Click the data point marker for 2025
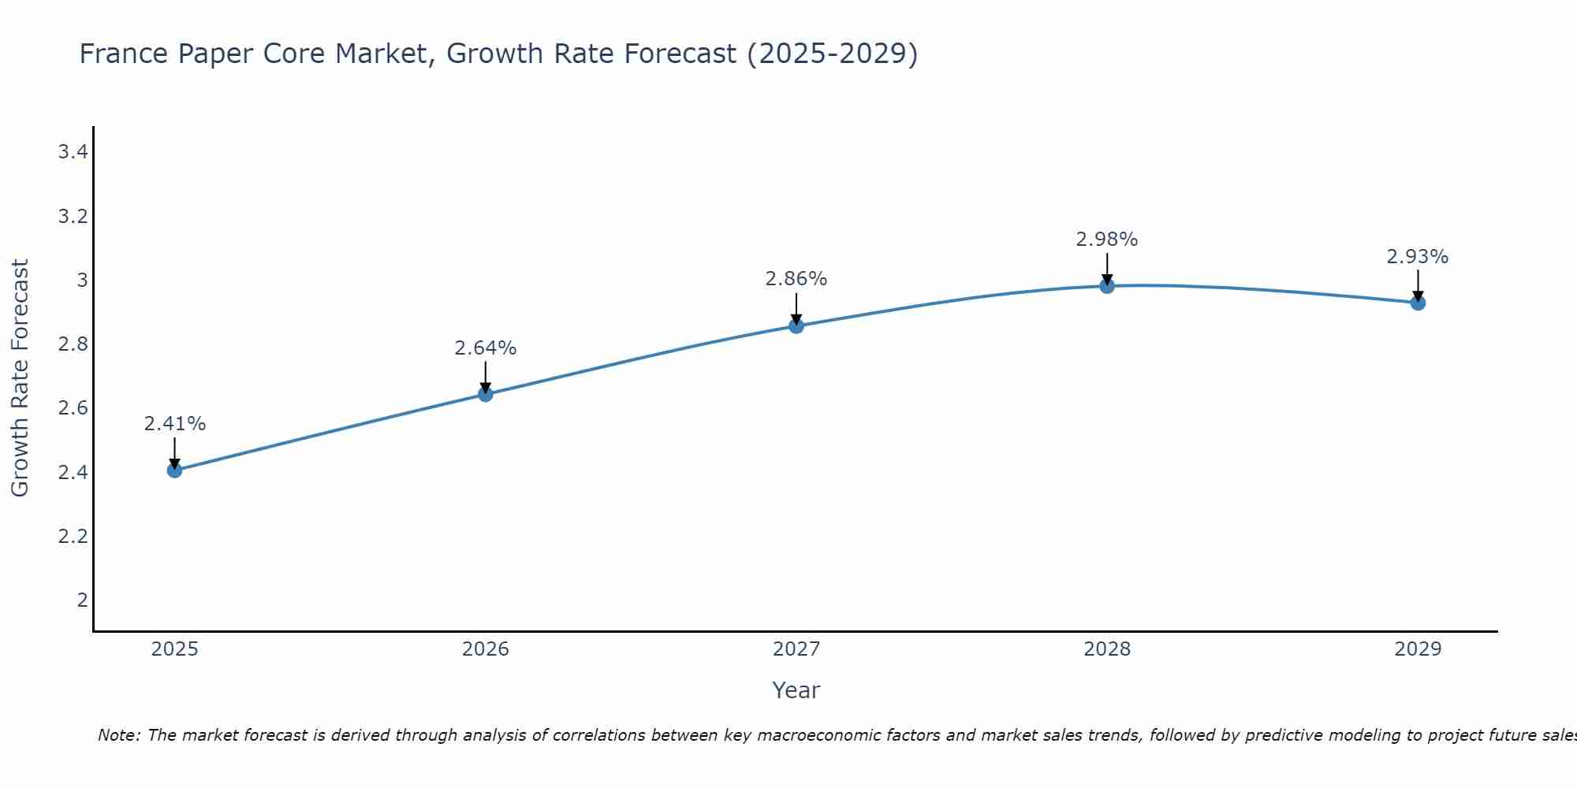pos(174,470)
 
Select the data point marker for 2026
pos(486,394)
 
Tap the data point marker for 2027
pos(796,325)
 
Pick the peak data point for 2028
pos(1107,286)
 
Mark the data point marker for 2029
pos(1418,303)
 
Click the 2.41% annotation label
pos(174,424)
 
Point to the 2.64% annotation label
pos(486,348)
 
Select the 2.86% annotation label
pos(796,279)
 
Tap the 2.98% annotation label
pos(1107,240)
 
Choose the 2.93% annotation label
pos(1418,257)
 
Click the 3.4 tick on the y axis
pos(73,152)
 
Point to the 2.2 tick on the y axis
pos(73,537)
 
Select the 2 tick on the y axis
pos(82,600)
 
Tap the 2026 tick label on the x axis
pos(486,649)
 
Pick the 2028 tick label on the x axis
pos(1107,649)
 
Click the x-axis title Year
pos(796,690)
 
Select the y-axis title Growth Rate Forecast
pos(20,378)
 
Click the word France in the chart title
pos(125,54)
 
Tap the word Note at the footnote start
pos(118,735)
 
